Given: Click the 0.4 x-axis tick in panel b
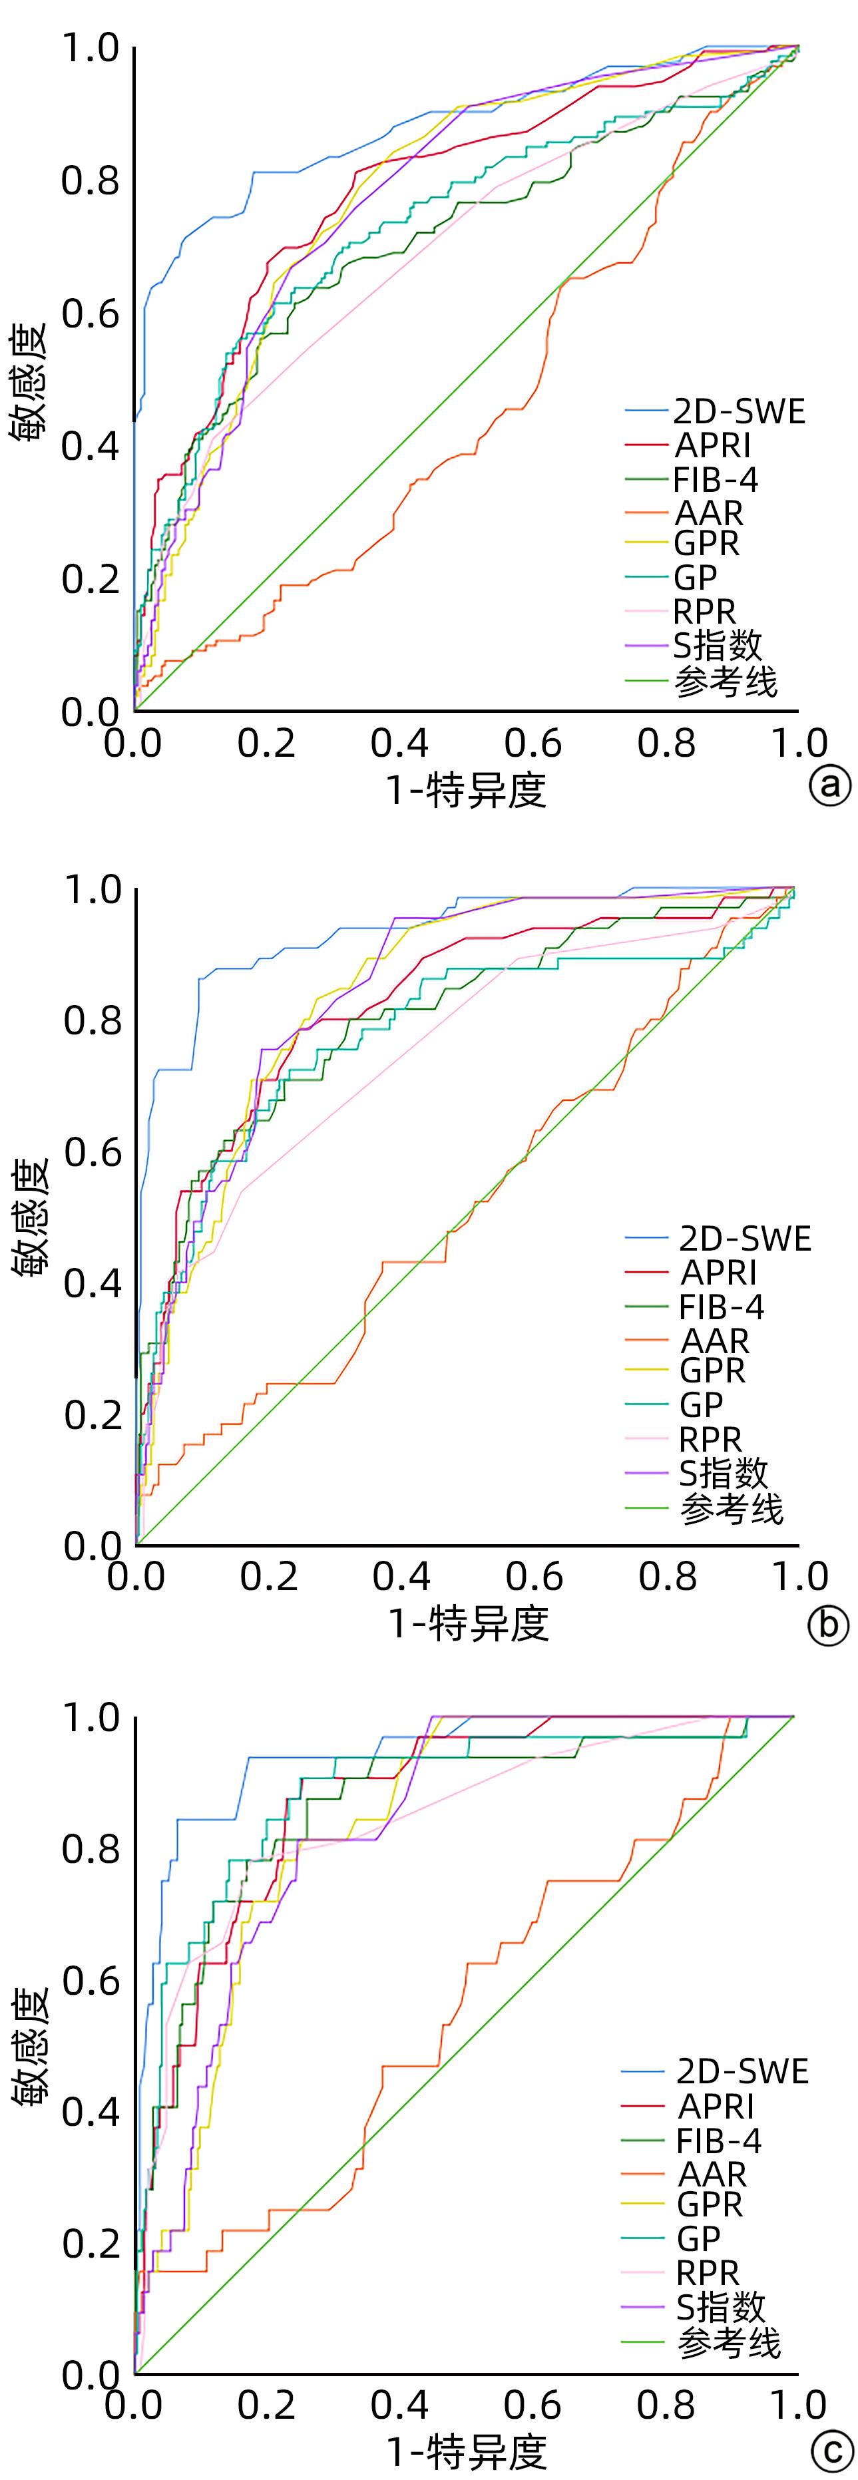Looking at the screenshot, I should [401, 1576].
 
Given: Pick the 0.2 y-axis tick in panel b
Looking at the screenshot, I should [93, 1414].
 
